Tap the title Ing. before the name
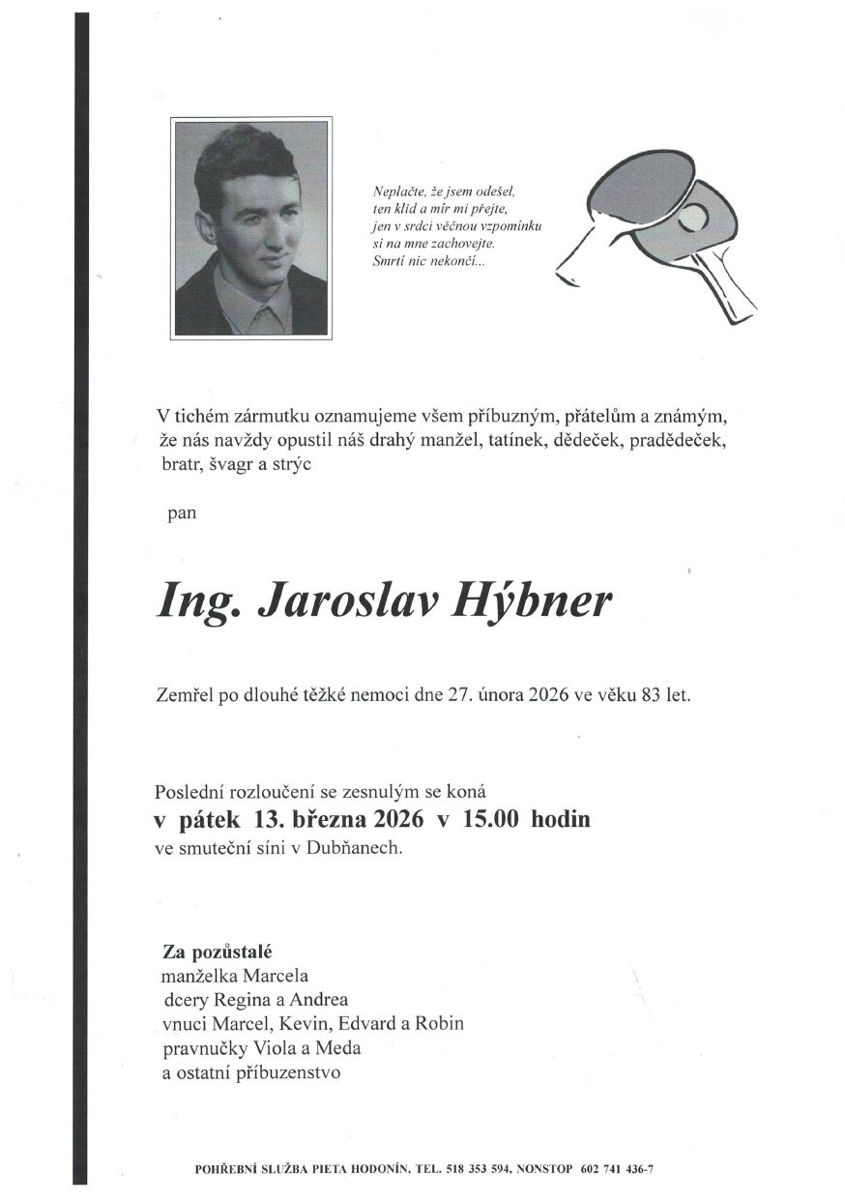point(196,601)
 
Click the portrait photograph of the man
point(251,228)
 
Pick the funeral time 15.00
point(490,820)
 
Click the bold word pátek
point(210,820)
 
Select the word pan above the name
point(182,513)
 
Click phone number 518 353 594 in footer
point(479,1169)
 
